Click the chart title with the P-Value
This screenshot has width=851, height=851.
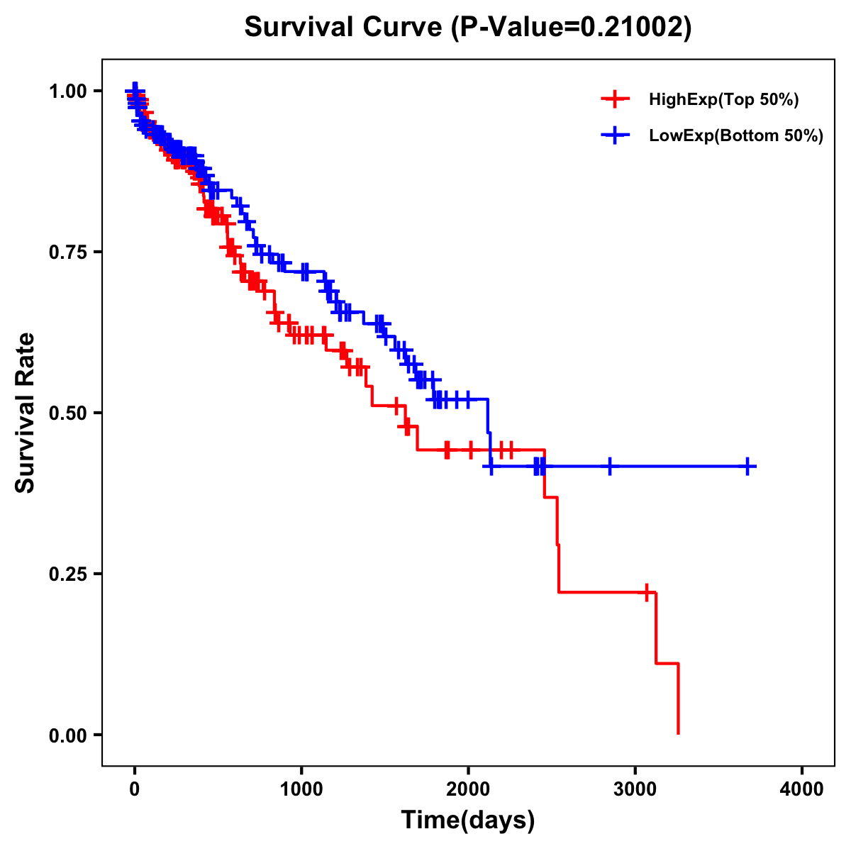467,28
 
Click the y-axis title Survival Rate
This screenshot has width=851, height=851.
26,412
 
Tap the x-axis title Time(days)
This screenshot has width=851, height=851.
467,820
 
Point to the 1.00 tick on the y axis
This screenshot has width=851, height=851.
68,91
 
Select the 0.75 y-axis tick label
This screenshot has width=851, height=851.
68,252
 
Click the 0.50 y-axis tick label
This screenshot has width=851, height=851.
68,413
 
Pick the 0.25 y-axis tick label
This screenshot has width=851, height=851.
68,574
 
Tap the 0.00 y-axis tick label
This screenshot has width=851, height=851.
68,735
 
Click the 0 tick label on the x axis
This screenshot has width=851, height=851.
135,789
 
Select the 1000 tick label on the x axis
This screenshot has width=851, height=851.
301,789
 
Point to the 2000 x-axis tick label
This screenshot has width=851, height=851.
468,789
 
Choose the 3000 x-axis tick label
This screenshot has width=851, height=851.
635,789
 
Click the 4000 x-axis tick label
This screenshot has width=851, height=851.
802,789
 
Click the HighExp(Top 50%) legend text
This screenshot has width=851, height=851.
723,100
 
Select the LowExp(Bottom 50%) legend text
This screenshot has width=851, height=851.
736,136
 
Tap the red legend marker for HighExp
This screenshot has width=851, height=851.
615,100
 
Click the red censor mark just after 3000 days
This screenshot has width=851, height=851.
647,592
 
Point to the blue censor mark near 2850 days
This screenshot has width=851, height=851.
609,466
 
